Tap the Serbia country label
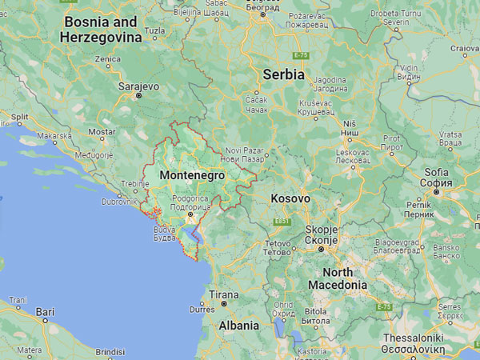click(284, 74)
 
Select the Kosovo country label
click(290, 198)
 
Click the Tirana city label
click(223, 294)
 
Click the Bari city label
click(46, 311)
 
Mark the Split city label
click(19, 117)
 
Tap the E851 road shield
click(281, 220)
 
